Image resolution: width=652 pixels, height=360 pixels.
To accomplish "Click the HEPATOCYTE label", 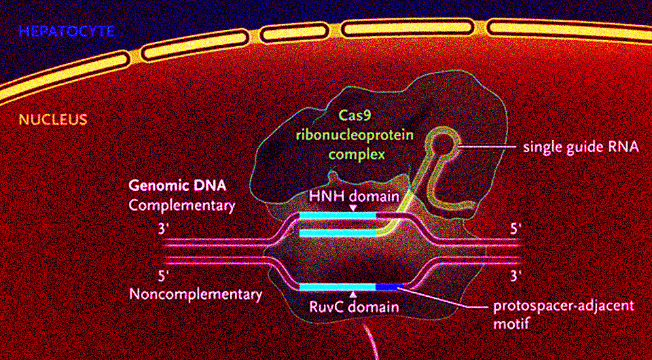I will (67, 31).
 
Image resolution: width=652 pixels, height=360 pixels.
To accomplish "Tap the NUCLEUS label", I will (53, 120).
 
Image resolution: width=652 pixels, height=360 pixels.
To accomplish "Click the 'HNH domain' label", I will (352, 196).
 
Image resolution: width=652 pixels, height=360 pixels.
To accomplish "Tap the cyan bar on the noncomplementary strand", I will (338, 287).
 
